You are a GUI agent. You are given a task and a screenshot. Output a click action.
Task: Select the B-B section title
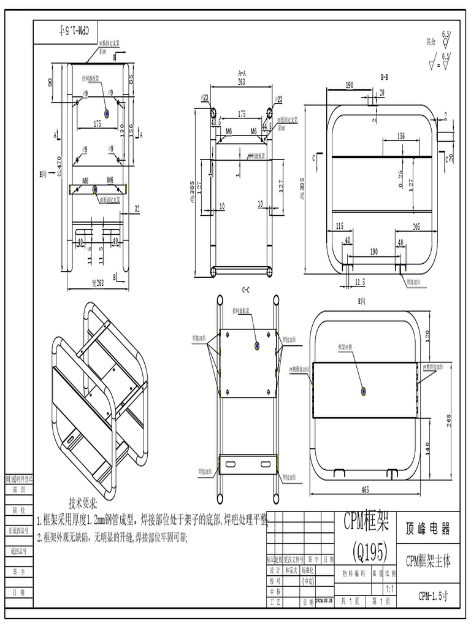click(384, 77)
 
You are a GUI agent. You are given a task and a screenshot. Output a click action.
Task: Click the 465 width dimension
click(365, 489)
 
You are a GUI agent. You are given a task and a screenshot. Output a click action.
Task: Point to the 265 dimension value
click(450, 420)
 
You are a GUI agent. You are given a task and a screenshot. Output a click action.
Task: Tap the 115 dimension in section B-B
click(339, 226)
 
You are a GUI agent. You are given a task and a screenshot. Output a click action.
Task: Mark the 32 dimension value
click(137, 209)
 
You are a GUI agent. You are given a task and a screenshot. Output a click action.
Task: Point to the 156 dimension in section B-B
click(400, 136)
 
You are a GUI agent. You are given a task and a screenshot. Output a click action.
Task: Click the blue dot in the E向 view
click(364, 391)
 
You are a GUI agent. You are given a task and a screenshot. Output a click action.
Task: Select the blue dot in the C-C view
click(258, 347)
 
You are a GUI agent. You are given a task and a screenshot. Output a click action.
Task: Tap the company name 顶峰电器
click(428, 529)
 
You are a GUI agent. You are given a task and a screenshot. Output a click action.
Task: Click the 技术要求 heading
click(83, 504)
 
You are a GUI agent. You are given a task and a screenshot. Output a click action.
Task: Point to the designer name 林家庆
click(292, 570)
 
